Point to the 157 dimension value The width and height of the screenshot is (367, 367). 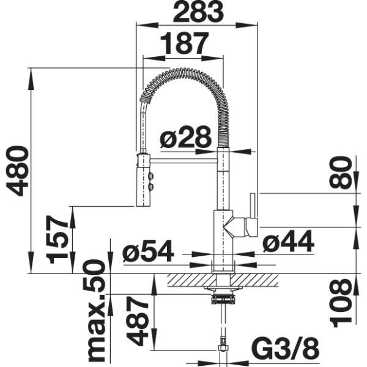click(x=60, y=239)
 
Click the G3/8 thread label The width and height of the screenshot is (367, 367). click(x=285, y=349)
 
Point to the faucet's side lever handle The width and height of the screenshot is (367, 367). click(x=253, y=214)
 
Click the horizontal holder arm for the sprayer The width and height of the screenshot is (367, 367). click(x=183, y=160)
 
